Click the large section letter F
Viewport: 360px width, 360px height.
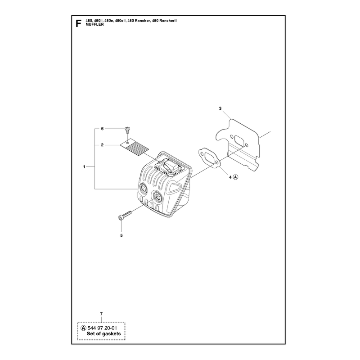coord(78,23)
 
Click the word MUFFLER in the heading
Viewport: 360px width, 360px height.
coord(94,25)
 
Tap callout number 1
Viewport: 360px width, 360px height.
coord(84,167)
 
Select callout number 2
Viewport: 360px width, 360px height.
coord(102,145)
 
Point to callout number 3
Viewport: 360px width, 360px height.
coord(220,108)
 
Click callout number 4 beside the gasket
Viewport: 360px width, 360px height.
coord(230,177)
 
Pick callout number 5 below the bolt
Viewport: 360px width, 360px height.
coord(121,235)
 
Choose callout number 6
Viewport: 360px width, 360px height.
coord(103,129)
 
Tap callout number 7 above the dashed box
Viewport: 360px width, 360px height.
coord(101,314)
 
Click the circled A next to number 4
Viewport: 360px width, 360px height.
coord(236,177)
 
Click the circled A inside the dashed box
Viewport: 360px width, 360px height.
coord(84,328)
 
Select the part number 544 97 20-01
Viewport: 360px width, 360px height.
coord(102,328)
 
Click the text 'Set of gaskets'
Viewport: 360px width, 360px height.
coord(104,334)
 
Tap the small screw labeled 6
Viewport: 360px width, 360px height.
coord(127,130)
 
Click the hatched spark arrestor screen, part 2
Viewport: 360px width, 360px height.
coord(135,148)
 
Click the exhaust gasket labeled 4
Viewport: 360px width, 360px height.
coord(209,158)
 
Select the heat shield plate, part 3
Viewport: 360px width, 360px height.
coord(238,144)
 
